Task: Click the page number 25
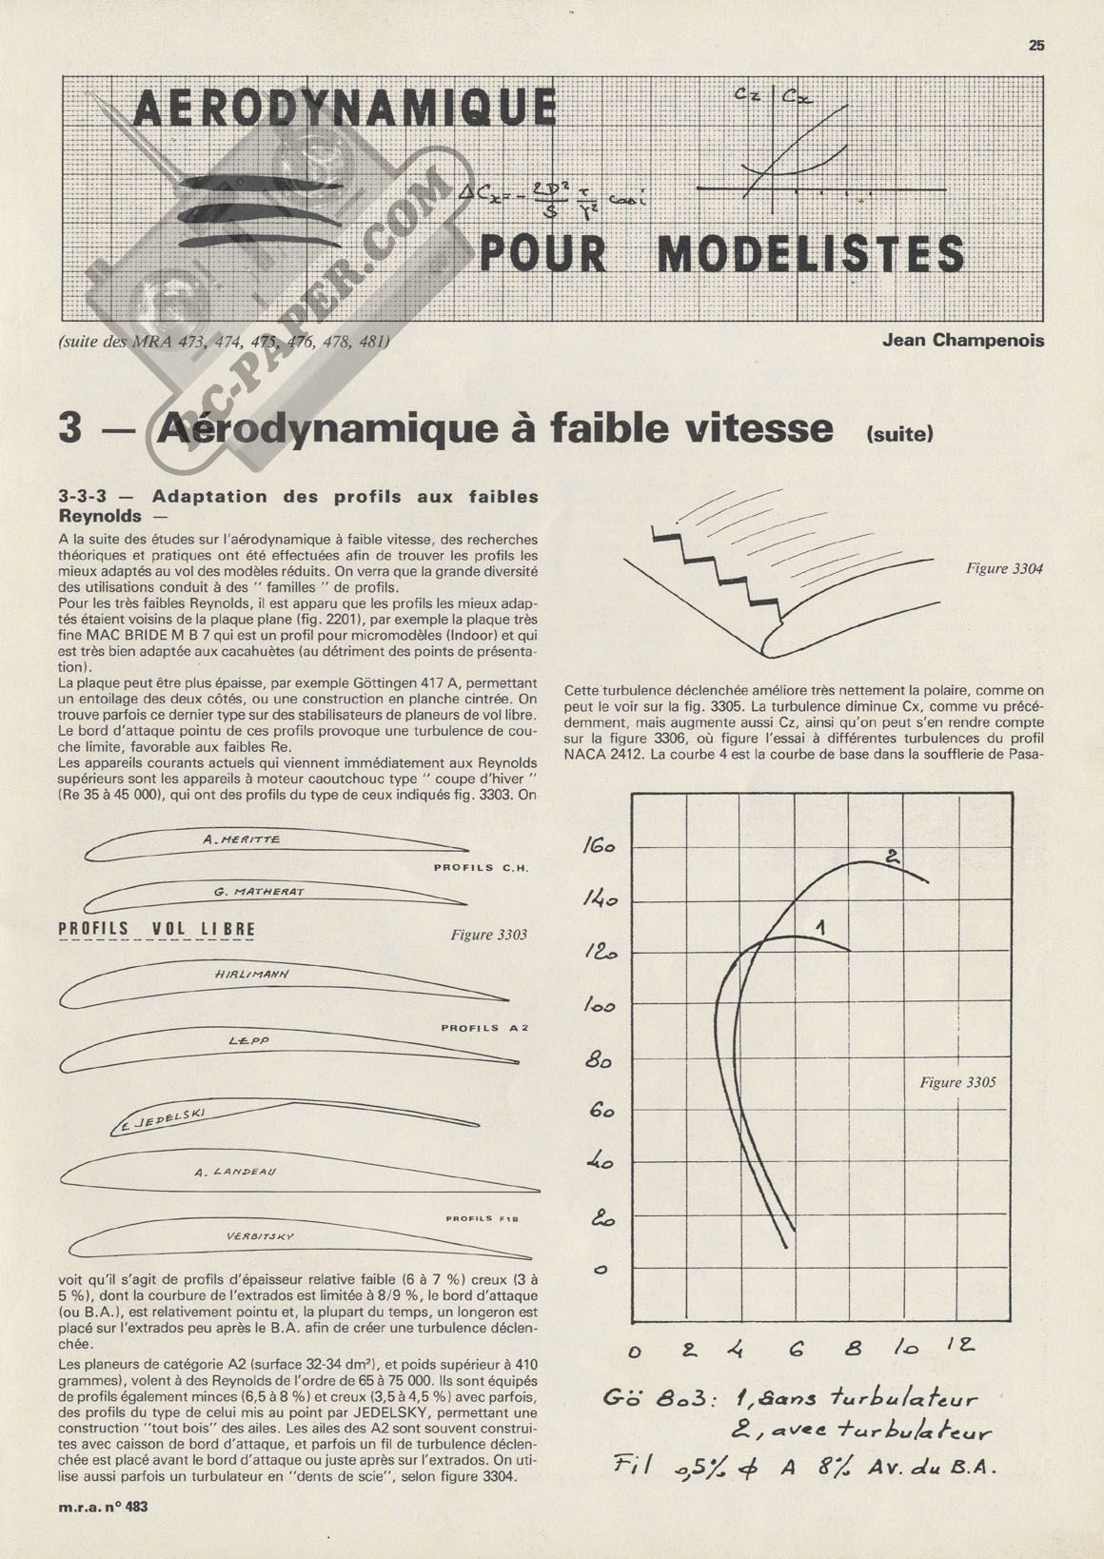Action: [1036, 45]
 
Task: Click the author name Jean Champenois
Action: [963, 340]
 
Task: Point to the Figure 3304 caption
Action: [1004, 568]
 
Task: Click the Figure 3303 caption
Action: [488, 935]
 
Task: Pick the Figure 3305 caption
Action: [957, 1082]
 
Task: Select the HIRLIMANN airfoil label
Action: [252, 975]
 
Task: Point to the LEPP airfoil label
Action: [249, 1041]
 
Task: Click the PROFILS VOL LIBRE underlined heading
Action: [157, 929]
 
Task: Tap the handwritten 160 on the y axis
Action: [599, 847]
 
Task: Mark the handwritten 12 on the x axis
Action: [959, 1345]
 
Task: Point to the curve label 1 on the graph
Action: [818, 925]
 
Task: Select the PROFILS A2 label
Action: [483, 1028]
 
